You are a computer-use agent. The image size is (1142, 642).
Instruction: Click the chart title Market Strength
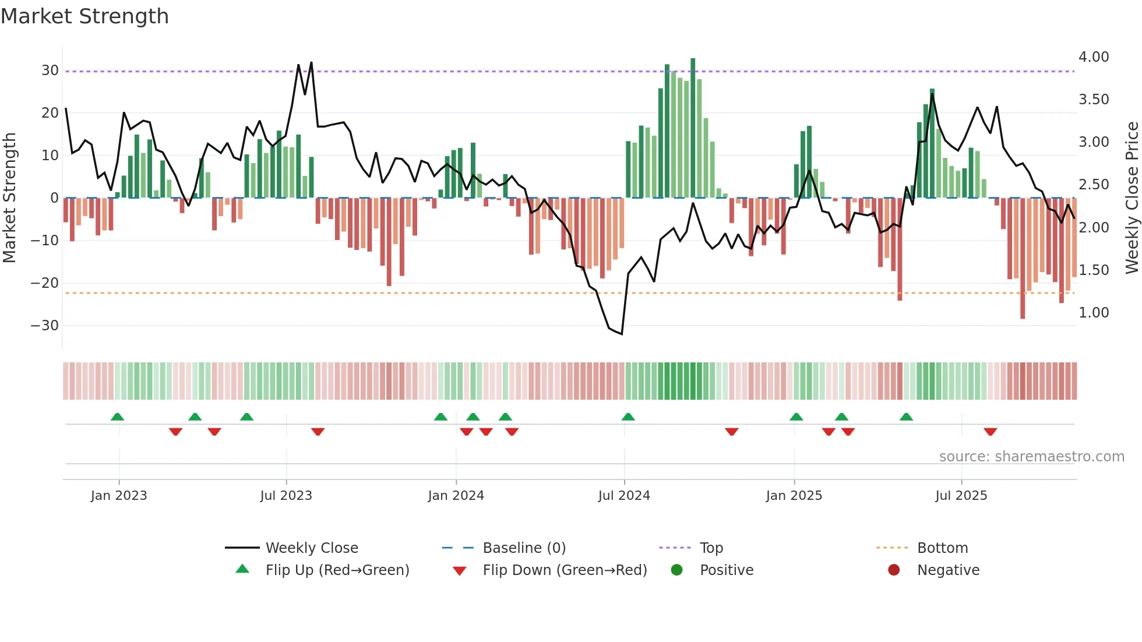(x=85, y=16)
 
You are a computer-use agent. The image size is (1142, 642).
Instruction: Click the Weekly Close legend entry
(x=311, y=548)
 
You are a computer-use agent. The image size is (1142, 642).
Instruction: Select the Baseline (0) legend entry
(x=524, y=548)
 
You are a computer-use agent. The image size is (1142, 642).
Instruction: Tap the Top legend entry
(x=711, y=548)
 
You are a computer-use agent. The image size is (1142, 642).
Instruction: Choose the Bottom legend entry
(x=942, y=548)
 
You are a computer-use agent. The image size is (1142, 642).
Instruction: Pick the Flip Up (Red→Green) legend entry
(x=337, y=570)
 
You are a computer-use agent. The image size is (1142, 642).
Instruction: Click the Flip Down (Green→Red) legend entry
(x=565, y=570)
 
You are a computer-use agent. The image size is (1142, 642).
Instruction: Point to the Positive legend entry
(x=726, y=570)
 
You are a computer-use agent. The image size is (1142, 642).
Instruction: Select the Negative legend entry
(x=948, y=570)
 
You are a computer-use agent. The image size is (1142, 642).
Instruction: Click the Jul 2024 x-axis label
(x=624, y=495)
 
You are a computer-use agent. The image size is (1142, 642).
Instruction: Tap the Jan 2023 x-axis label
(x=119, y=495)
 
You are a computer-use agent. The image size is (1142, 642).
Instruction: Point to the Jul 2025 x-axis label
(x=961, y=495)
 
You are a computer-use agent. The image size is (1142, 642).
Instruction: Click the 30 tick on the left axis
(x=50, y=70)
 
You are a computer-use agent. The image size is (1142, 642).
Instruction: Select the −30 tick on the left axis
(x=45, y=325)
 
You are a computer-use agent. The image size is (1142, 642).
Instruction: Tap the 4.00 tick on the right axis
(x=1094, y=57)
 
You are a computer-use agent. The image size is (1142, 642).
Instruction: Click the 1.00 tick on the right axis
(x=1094, y=313)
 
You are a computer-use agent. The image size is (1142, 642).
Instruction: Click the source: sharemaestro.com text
(x=1031, y=457)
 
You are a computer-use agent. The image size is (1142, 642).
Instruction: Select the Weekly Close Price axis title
(x=1132, y=197)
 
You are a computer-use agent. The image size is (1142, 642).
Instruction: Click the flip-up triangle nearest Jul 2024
(x=628, y=417)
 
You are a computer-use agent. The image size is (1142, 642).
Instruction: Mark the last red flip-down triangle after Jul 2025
(x=991, y=432)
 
